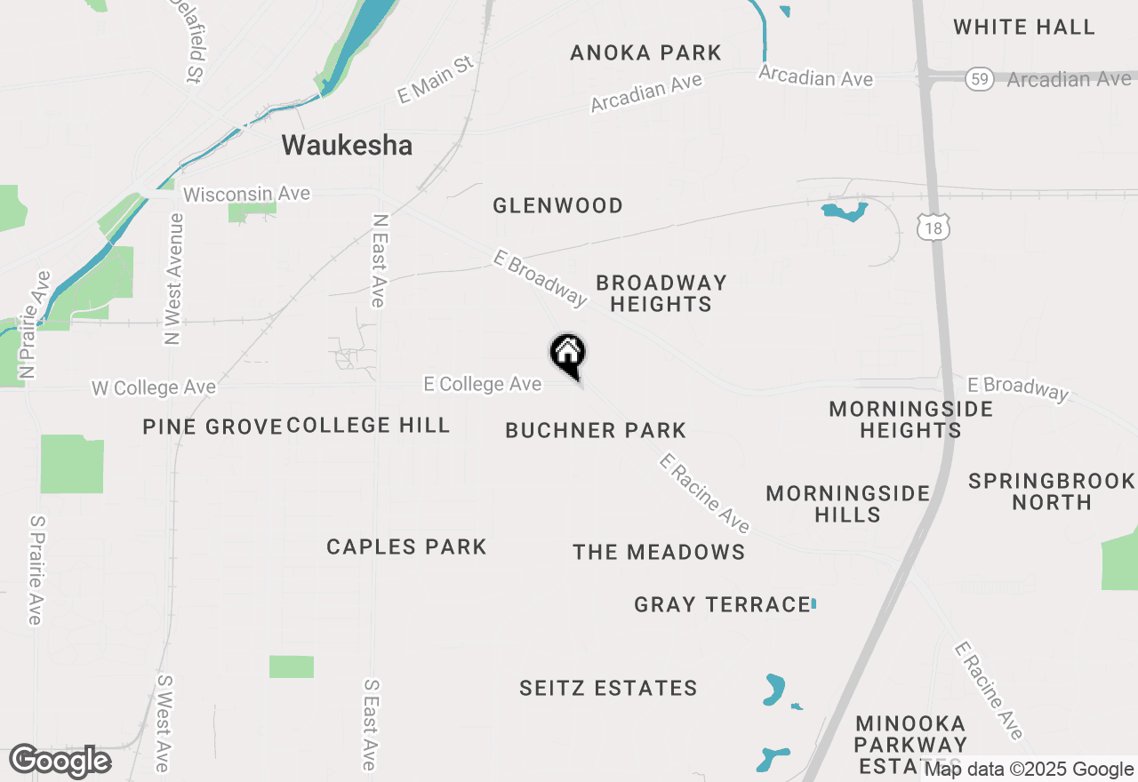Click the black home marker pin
coord(567,354)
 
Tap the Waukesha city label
coord(347,145)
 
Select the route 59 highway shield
coord(979,79)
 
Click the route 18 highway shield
coord(933,228)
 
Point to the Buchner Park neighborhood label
coord(596,431)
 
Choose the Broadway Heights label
coord(661,293)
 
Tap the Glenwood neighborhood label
coord(557,205)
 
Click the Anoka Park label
coord(645,52)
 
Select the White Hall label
coord(1024,27)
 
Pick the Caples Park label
coord(406,547)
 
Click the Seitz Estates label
coord(608,688)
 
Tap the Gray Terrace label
coord(722,605)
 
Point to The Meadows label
coord(659,552)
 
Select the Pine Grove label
coord(212,427)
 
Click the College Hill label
coord(368,425)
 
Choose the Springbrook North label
coord(1052,491)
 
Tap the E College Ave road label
coord(483,384)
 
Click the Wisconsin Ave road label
coord(246,194)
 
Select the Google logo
coord(60,762)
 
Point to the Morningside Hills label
coord(847,504)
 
